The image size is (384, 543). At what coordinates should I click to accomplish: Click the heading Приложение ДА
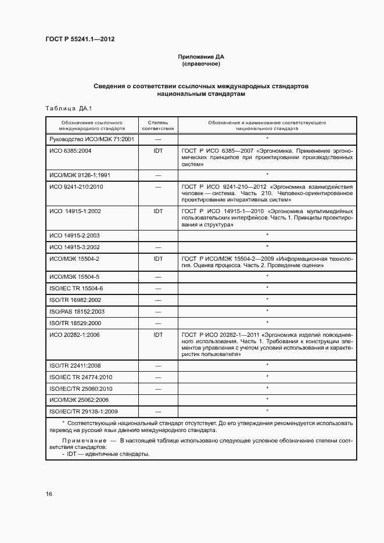[200, 57]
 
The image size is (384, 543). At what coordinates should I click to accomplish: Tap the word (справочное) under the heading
[200, 64]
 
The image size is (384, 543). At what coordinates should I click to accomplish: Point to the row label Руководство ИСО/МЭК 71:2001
[92, 139]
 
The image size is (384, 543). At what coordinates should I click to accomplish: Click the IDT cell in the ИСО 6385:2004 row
[158, 150]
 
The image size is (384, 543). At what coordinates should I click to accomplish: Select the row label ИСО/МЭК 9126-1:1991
[80, 174]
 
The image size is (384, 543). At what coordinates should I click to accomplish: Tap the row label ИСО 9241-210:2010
[76, 186]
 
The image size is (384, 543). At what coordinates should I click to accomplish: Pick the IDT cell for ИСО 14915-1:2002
[158, 211]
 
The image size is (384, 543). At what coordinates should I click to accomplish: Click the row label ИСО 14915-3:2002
[75, 247]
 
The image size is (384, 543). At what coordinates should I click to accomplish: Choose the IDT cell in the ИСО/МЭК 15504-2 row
[158, 258]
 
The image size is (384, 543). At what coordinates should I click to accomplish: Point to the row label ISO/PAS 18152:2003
[77, 311]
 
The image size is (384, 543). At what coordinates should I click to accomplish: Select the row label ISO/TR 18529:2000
[76, 323]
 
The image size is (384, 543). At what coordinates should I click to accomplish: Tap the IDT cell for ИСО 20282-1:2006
[158, 335]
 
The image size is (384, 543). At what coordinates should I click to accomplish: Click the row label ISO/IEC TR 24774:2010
[81, 377]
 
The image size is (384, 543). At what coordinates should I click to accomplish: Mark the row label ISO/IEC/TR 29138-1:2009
[84, 412]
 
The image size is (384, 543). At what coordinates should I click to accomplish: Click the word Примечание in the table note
[81, 441]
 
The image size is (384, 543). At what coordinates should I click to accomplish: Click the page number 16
[49, 494]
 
